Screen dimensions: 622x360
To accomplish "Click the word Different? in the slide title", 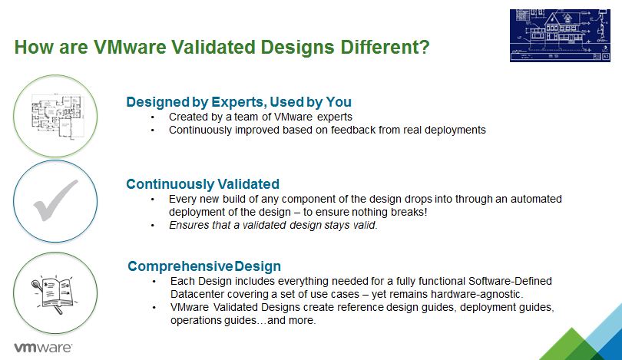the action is point(385,47).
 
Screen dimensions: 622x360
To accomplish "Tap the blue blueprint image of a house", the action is point(560,35).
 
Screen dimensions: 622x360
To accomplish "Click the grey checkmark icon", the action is point(55,200).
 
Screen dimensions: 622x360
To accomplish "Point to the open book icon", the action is point(53,294).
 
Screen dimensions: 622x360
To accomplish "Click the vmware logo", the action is point(43,348).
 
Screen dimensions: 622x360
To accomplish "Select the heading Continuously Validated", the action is point(203,184).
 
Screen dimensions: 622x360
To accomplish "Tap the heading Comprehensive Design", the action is point(204,266).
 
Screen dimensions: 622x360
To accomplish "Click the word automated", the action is point(536,199).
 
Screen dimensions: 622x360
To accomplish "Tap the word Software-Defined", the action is point(510,281).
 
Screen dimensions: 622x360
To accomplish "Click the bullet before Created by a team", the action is point(152,117).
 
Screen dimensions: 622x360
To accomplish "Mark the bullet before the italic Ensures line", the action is point(152,226).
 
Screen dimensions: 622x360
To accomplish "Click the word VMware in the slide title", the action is point(130,47).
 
